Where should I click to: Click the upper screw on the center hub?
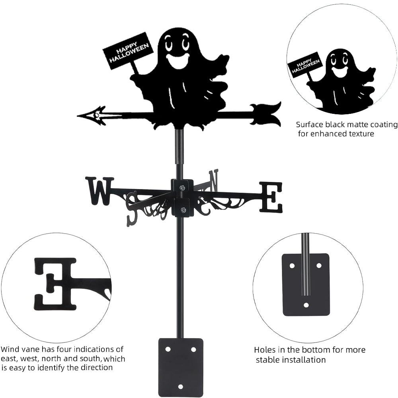click(x=182, y=188)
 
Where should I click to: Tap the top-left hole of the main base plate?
click(x=168, y=349)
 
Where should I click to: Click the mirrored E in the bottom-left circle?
click(x=55, y=283)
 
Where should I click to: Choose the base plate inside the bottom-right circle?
click(x=306, y=285)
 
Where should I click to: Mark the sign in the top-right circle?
click(x=305, y=64)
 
